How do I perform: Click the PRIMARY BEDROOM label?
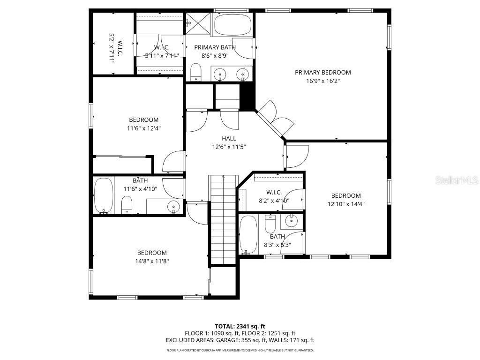pos(322,72)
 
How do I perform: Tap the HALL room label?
pos(229,138)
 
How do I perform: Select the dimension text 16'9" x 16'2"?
pos(322,81)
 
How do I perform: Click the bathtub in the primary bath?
pos(232,25)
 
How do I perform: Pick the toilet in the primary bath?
pos(196,73)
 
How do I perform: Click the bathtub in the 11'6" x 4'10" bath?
pos(103,195)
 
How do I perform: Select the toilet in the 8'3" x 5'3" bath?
pos(270,225)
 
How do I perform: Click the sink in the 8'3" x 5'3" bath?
pos(291,219)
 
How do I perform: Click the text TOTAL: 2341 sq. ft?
pos(240,326)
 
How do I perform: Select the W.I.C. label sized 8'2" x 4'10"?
pos(273,192)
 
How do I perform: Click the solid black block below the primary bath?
pos(247,97)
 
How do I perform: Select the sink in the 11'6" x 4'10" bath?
pos(173,205)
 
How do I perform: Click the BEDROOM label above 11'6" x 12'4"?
pos(144,120)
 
